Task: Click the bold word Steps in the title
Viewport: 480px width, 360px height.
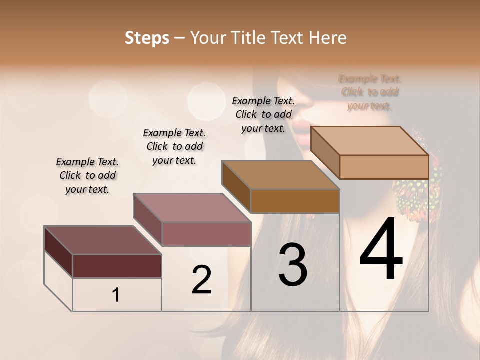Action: (147, 38)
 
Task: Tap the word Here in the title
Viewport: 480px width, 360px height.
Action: (328, 38)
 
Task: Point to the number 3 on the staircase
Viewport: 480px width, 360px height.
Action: (292, 265)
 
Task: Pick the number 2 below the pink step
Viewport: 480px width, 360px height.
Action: (201, 280)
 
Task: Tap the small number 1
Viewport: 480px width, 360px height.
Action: (116, 295)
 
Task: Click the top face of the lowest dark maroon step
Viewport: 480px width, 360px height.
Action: (102, 240)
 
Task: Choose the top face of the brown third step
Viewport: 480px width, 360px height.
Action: (280, 175)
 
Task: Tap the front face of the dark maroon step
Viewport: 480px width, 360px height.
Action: (117, 266)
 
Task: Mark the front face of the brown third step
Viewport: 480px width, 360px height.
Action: (295, 201)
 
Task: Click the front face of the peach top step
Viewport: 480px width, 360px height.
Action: (384, 167)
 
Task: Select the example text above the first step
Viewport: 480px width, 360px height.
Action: (87, 175)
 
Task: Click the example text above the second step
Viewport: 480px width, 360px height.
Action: (174, 146)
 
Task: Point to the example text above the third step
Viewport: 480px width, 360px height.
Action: (263, 114)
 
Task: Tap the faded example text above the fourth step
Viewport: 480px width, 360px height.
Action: (370, 92)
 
